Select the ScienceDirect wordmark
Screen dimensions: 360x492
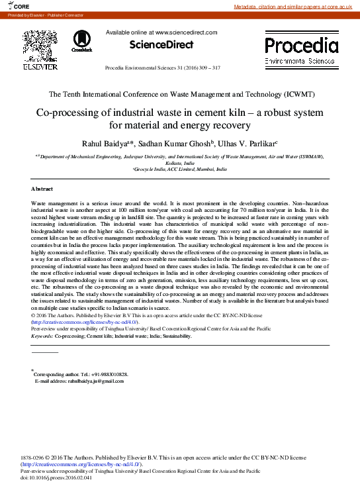point(161,45)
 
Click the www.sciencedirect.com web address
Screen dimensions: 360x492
point(186,32)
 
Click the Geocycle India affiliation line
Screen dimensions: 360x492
point(180,170)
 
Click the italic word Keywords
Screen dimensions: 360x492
point(44,336)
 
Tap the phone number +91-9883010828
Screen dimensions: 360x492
point(105,374)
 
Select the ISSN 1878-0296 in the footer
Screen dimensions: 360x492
point(34,458)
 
